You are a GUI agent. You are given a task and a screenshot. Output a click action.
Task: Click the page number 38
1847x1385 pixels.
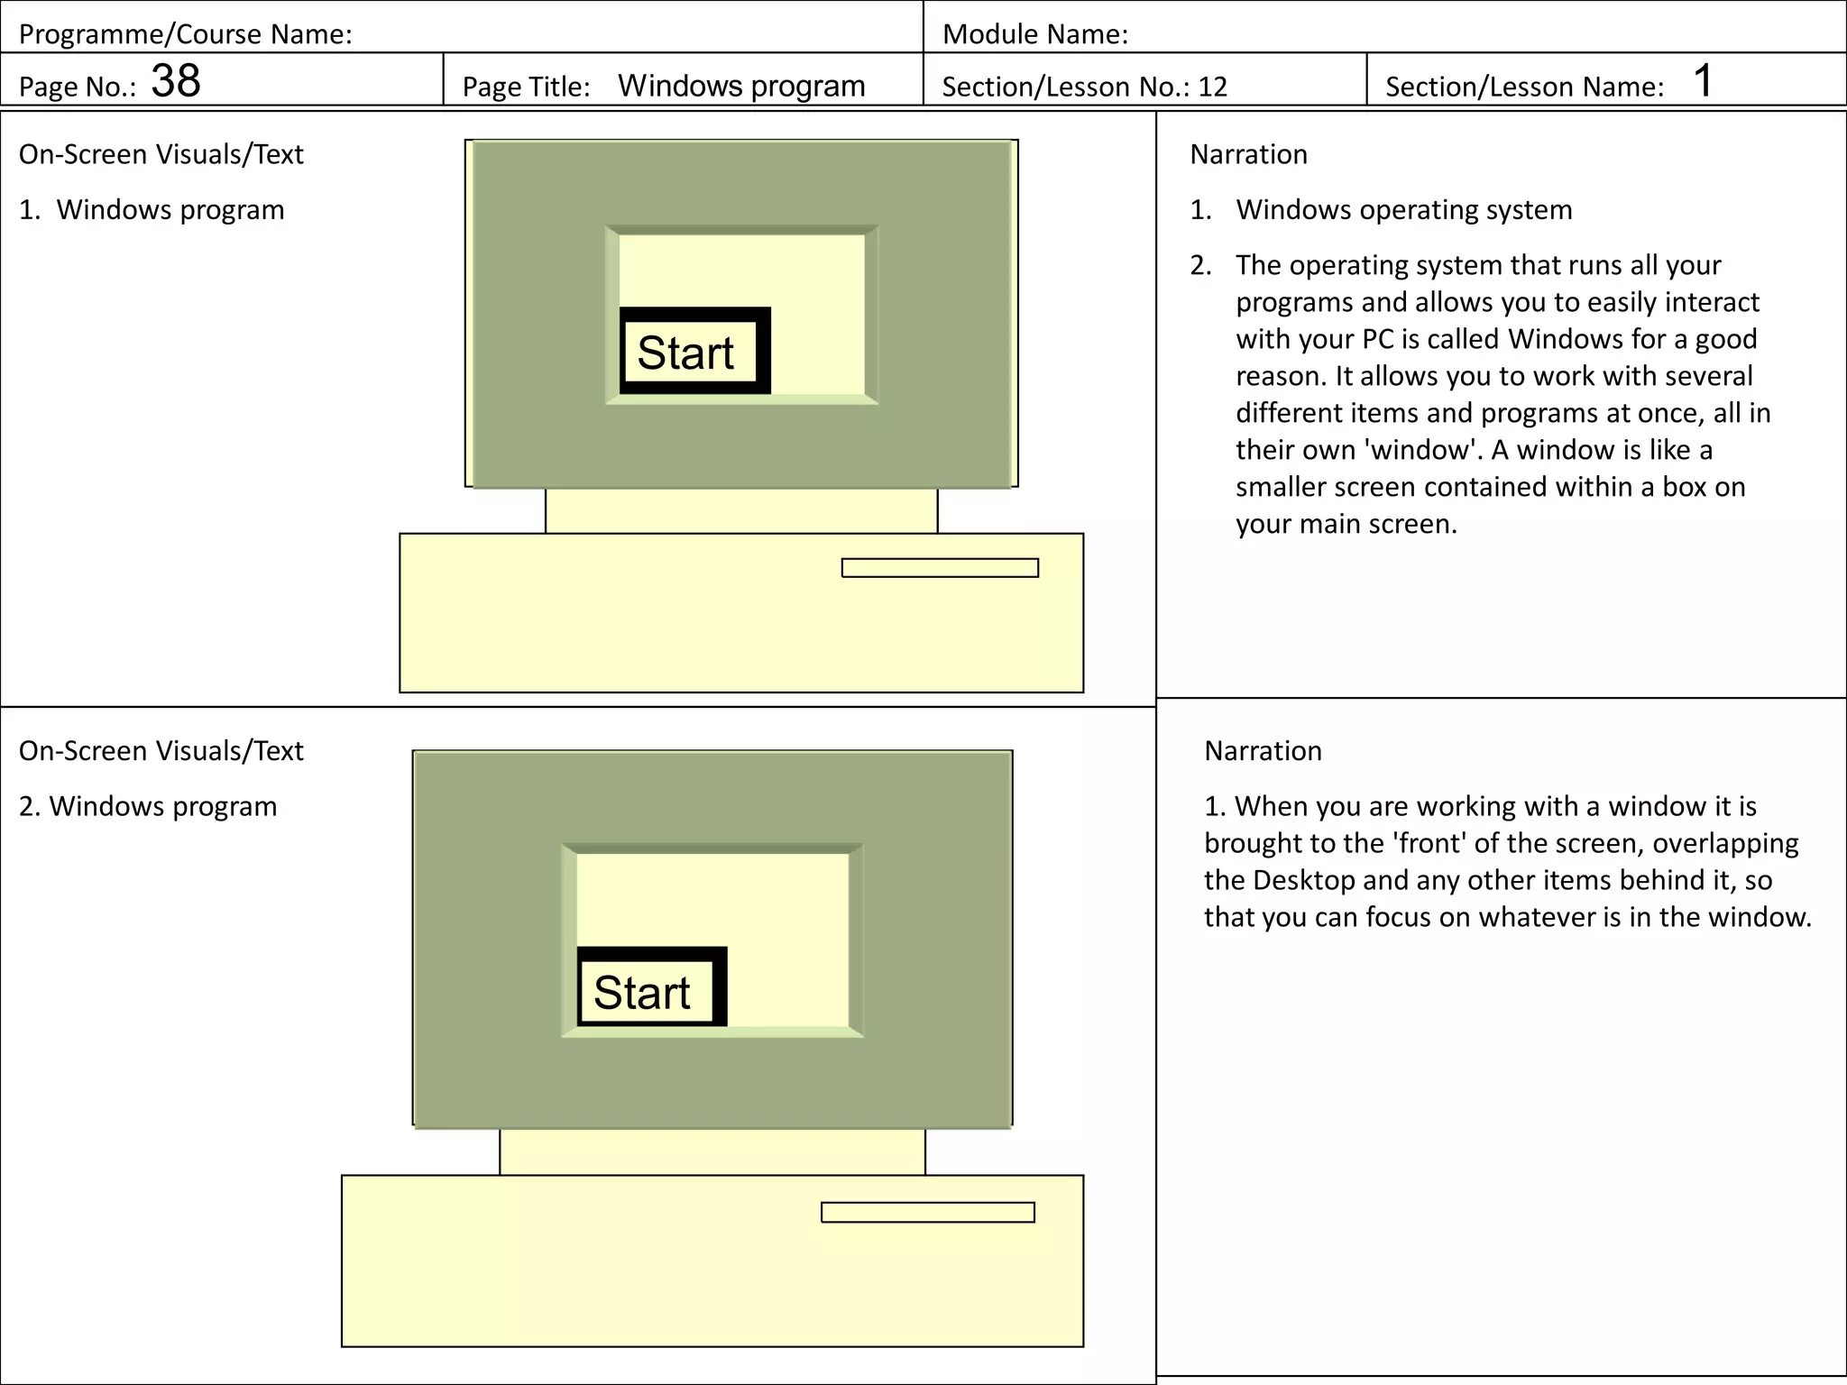[175, 81]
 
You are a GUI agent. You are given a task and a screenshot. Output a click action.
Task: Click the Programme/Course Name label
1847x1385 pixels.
[185, 34]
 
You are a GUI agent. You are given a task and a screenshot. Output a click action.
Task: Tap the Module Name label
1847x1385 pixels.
[1034, 34]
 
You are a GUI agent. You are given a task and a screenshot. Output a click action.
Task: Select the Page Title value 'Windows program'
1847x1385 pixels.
[740, 86]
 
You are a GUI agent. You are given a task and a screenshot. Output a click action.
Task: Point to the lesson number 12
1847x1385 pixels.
[1212, 87]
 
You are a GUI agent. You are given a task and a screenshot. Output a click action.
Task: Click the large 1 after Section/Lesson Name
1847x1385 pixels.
[1702, 81]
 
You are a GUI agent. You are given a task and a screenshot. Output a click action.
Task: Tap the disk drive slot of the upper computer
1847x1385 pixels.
[939, 568]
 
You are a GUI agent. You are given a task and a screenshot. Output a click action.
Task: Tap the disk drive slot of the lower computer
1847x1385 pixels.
[927, 1212]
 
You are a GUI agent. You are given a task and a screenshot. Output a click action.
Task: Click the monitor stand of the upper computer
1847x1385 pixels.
[740, 510]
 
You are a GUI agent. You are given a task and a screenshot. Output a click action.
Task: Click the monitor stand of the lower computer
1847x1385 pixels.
[712, 1151]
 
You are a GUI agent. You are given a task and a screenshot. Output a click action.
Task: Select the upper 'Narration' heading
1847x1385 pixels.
[1248, 154]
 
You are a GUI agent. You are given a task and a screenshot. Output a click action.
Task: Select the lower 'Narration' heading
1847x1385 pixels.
[1263, 750]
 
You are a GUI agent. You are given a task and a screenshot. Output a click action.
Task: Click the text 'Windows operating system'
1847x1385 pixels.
[1403, 209]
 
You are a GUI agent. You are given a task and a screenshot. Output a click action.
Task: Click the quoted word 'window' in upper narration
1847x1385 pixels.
[1423, 449]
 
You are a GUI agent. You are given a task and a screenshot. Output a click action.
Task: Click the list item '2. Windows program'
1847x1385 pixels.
[148, 806]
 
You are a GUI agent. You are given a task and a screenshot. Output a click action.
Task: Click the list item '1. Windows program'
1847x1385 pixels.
[152, 209]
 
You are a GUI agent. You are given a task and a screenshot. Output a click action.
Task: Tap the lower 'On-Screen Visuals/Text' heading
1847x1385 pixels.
[161, 750]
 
